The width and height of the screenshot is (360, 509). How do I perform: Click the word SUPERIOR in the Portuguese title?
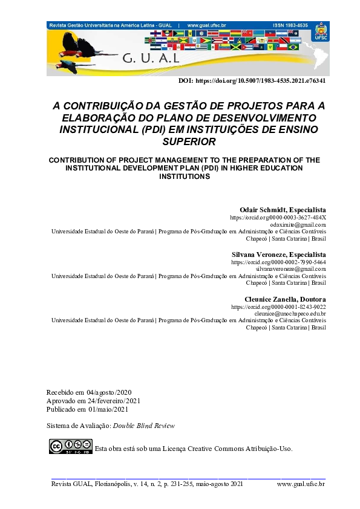189,142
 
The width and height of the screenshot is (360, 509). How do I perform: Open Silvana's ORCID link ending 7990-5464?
279,262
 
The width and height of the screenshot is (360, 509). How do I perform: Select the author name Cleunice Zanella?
266,299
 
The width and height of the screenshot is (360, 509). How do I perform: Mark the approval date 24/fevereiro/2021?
116,401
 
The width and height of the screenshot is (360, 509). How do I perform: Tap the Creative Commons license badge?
71,447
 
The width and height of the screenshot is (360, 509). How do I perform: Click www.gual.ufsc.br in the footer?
301,484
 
